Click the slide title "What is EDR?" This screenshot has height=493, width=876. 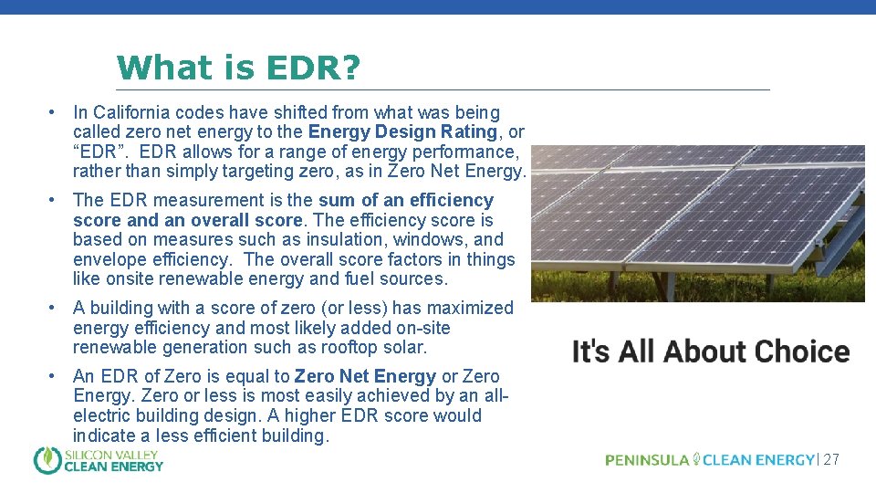238,67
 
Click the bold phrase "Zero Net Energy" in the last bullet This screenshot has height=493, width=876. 365,377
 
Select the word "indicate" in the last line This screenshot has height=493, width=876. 102,436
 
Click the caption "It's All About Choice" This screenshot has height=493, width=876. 710,352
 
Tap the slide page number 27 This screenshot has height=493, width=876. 830,460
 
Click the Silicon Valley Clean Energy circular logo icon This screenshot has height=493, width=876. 47,460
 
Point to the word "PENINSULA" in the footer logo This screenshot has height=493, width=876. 647,460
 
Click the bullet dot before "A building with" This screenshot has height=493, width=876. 55,309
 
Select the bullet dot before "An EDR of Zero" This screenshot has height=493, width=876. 55,377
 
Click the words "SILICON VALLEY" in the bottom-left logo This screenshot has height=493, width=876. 111,454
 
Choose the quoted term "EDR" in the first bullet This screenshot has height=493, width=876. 97,152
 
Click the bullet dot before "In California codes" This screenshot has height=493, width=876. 55,113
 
